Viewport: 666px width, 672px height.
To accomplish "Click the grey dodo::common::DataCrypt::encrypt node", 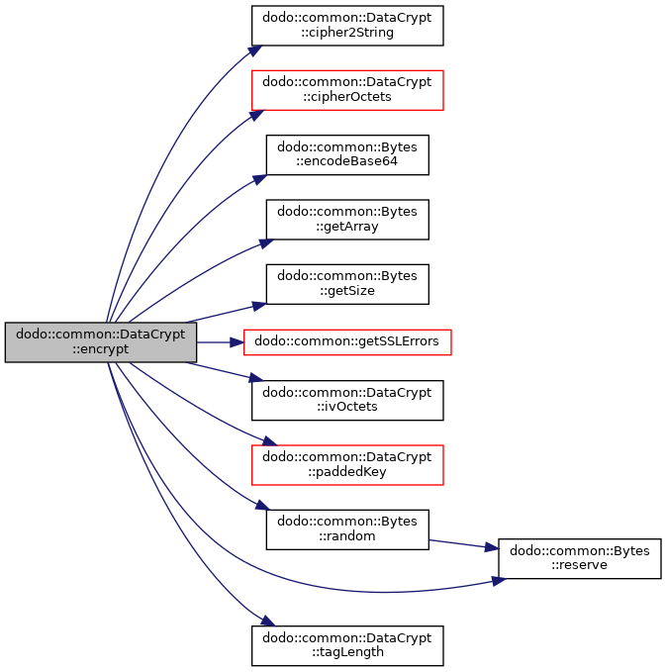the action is point(101,342).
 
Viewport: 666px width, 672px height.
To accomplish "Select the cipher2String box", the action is point(347,26).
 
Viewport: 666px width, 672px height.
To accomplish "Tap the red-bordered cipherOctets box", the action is point(347,90).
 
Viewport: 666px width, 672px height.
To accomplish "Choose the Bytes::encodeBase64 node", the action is point(347,154).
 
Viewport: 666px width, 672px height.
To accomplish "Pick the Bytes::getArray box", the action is point(347,220).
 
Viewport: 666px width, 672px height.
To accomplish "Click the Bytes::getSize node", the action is point(347,284).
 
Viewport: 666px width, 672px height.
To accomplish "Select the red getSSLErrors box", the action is point(347,342).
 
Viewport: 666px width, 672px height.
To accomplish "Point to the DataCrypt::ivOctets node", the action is point(347,400).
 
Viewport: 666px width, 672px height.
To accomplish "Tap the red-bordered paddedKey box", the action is point(347,464).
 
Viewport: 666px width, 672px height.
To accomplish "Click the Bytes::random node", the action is point(347,529).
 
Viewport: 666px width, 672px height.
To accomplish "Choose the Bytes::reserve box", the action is point(580,558).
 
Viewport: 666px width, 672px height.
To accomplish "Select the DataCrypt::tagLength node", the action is point(347,645).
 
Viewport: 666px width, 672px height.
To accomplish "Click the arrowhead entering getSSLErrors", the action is point(237,342).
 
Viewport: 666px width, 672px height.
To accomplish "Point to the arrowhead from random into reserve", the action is point(492,547).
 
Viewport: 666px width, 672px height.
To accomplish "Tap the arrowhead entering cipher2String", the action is point(255,50).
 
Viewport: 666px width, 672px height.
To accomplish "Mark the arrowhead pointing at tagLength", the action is point(267,621).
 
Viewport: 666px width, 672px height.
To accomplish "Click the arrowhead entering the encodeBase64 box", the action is point(259,179).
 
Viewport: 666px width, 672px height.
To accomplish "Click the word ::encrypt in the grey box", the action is point(100,348).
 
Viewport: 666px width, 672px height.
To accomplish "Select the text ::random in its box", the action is point(347,536).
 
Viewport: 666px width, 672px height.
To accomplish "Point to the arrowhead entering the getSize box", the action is point(259,306).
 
